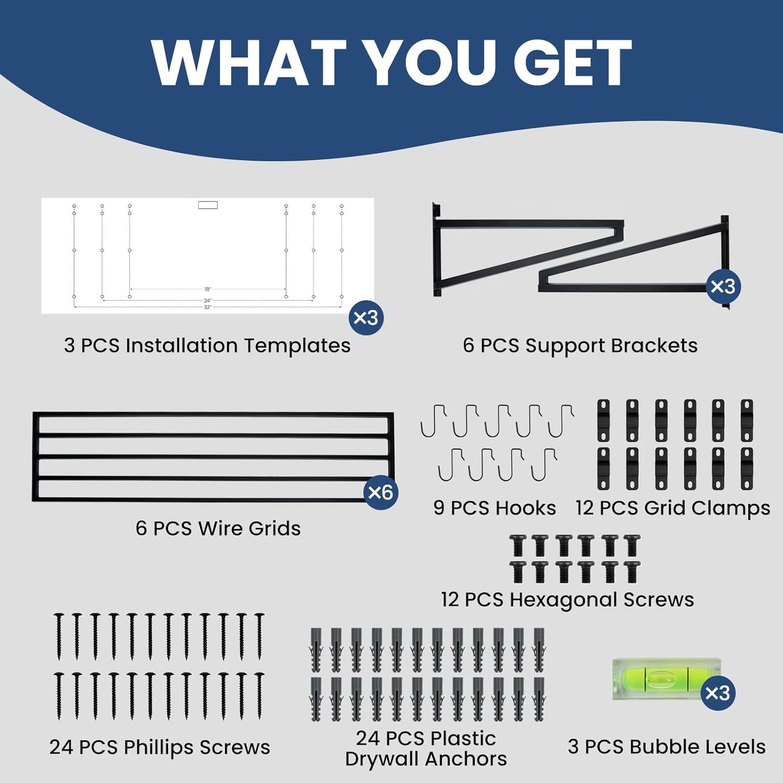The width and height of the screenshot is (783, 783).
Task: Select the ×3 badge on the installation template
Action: tap(366, 318)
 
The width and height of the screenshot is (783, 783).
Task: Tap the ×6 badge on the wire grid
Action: tap(381, 493)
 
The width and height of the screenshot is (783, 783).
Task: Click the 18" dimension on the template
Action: tap(207, 289)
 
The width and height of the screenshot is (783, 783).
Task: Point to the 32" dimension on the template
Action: tap(208, 307)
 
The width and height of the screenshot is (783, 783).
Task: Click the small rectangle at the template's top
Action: tap(208, 205)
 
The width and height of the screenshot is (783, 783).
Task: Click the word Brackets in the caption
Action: tap(654, 345)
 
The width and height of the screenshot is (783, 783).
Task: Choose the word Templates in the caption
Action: tap(297, 346)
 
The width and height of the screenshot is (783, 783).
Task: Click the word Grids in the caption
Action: tap(274, 529)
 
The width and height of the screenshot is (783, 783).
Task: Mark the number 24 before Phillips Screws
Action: tap(63, 747)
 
